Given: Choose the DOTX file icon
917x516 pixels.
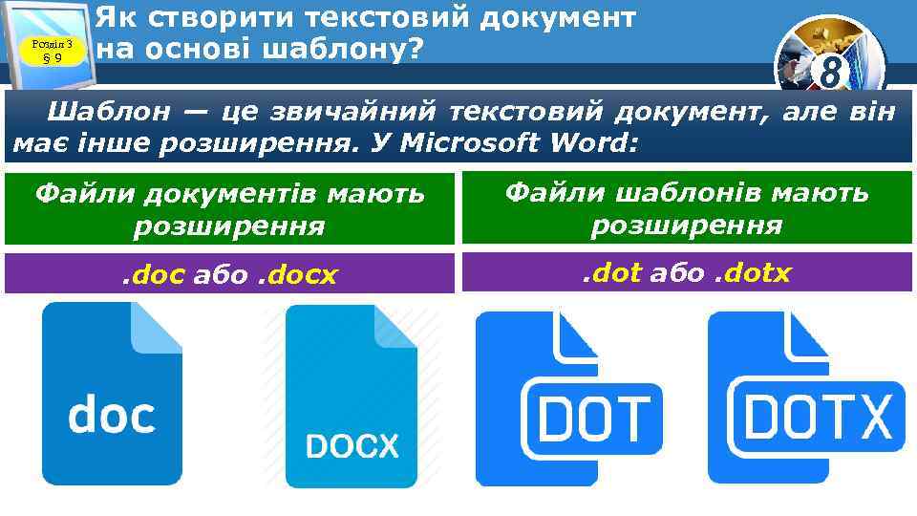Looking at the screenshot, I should [803, 399].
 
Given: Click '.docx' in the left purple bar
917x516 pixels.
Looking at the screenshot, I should [299, 275].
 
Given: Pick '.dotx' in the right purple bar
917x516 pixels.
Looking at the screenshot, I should [753, 273].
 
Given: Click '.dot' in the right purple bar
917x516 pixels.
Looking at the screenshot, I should [612, 273].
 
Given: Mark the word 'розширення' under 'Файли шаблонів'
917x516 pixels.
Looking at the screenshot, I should [686, 226].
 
